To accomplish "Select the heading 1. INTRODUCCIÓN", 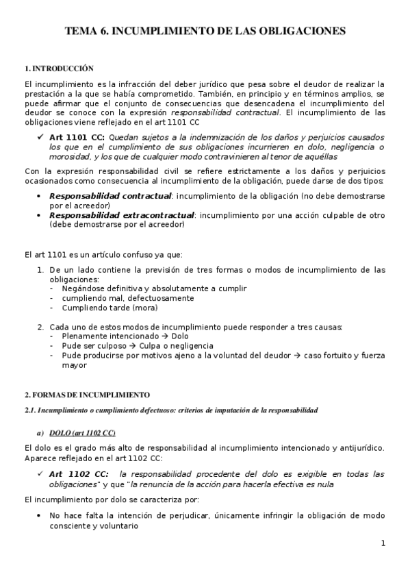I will [58, 69].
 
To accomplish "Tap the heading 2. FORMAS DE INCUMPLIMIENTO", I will [87, 395].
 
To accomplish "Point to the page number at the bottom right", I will [383, 544].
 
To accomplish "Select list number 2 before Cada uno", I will [40, 327].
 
